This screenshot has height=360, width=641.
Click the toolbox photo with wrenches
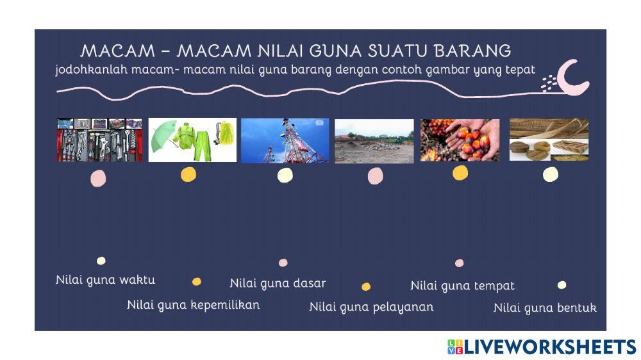99,140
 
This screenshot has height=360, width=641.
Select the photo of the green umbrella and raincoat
192,140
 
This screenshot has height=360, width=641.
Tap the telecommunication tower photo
285,140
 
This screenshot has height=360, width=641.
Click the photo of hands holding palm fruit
460,140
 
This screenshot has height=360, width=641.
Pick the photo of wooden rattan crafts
549,139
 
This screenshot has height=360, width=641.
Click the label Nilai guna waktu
105,280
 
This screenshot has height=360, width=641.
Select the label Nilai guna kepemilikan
193,305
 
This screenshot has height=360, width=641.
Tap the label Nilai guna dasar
278,283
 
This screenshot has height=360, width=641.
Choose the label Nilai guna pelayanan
371,307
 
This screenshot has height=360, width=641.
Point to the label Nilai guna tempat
462,286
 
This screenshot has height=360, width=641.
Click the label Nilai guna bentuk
545,308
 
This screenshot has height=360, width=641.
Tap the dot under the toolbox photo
98,179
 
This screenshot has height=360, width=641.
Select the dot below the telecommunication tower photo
285,175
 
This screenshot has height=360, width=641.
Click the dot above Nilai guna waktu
101,261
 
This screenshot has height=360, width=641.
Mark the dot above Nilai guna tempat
459,263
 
